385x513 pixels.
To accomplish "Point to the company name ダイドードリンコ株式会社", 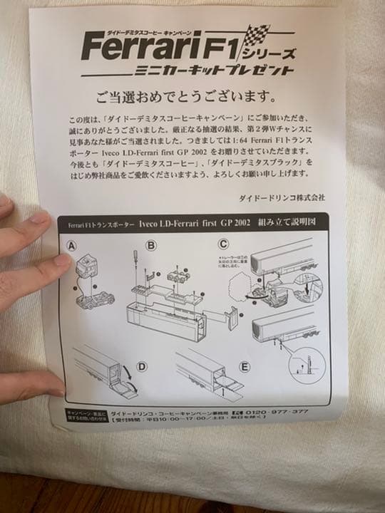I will point(281,197).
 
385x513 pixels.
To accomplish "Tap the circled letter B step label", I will point(150,246).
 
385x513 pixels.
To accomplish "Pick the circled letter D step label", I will point(142,367).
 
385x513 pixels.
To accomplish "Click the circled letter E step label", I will point(245,368).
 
